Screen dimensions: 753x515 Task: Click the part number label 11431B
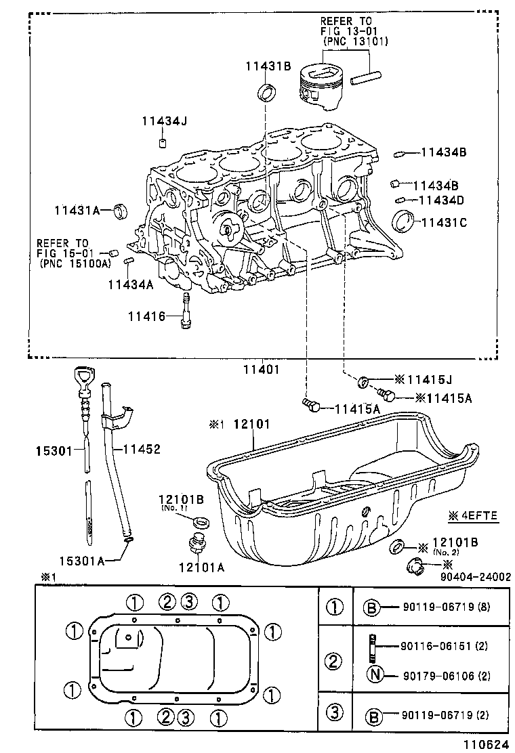[268, 66]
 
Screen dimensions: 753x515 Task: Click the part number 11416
[146, 316]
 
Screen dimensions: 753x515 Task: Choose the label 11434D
[441, 200]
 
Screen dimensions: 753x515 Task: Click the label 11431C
[445, 221]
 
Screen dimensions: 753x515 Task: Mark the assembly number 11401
[262, 370]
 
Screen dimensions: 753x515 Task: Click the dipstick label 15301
[54, 449]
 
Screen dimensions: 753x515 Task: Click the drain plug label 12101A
[201, 567]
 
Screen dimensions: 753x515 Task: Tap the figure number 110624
[485, 744]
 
